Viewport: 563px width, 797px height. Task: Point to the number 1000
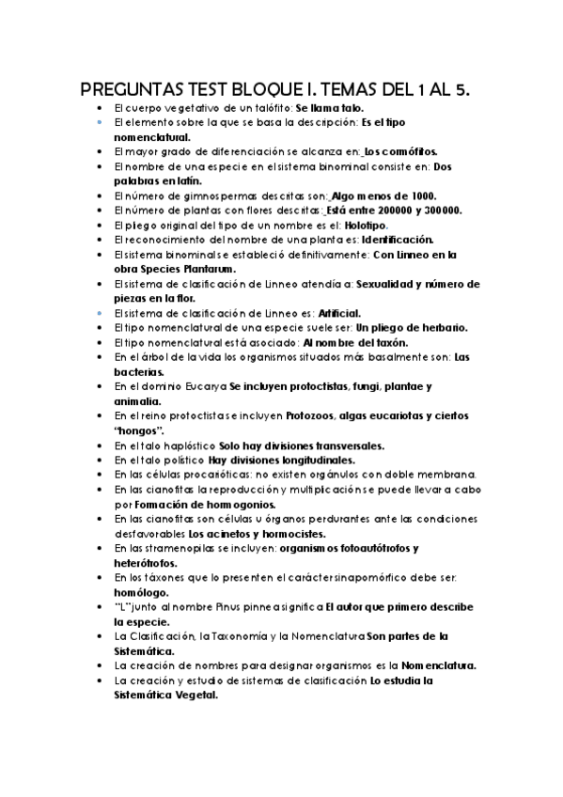pos(415,195)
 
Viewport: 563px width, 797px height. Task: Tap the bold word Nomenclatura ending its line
pos(433,664)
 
